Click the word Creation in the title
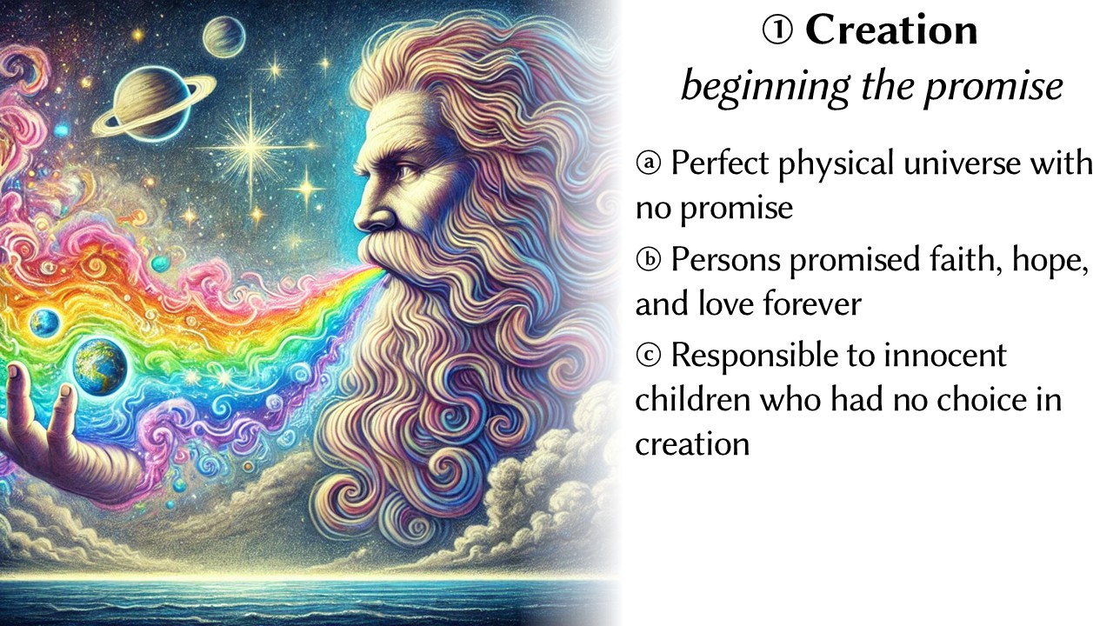(x=891, y=30)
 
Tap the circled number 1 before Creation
(x=777, y=30)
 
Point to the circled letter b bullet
(x=649, y=260)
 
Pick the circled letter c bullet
(x=649, y=356)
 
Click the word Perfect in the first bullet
(x=720, y=163)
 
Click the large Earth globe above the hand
(x=100, y=367)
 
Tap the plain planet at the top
(x=224, y=37)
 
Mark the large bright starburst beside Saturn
(x=252, y=148)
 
